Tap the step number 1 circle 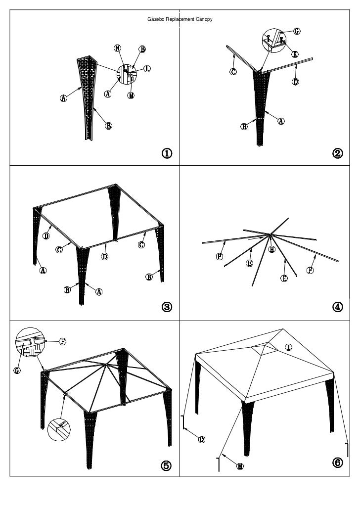167,153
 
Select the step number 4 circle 337,307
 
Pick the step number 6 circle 337,463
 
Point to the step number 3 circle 167,307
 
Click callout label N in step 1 118,48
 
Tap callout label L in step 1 147,68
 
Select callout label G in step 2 297,31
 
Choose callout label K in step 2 295,54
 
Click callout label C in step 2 233,72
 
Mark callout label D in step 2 295,81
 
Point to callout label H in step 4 271,250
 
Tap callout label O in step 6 202,439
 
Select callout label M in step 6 240,466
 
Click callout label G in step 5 17,371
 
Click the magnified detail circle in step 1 127,73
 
